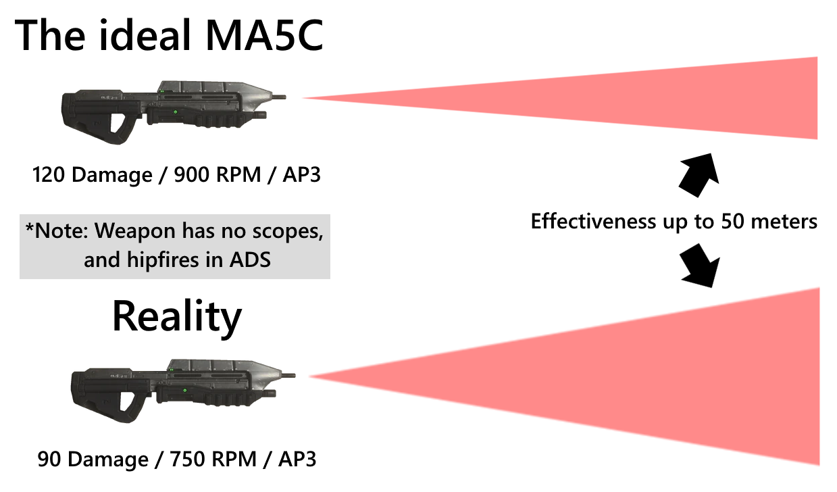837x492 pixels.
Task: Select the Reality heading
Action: tap(176, 316)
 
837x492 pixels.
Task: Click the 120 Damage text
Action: tap(92, 175)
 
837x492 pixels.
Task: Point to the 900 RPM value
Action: tap(216, 175)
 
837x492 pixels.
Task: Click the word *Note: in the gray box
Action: tap(57, 231)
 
